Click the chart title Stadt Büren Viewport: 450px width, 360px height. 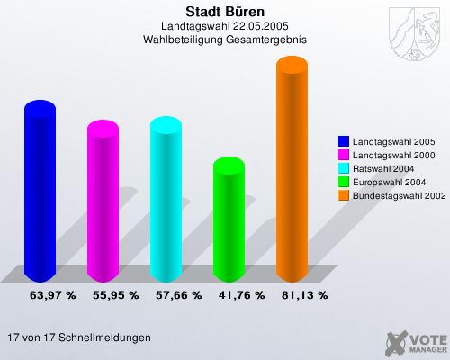[225, 12]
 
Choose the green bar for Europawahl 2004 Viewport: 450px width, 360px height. [229, 220]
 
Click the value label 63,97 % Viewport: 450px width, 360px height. [52, 294]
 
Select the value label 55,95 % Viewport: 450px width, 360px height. [115, 294]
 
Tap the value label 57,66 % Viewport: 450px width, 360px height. [178, 294]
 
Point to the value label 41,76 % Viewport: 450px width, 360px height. [241, 294]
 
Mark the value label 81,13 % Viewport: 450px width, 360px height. [304, 294]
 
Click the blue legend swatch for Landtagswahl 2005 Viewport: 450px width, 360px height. [344, 142]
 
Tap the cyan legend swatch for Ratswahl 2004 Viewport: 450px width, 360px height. [344, 169]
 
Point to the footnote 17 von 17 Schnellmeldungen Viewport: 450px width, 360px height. [78, 337]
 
